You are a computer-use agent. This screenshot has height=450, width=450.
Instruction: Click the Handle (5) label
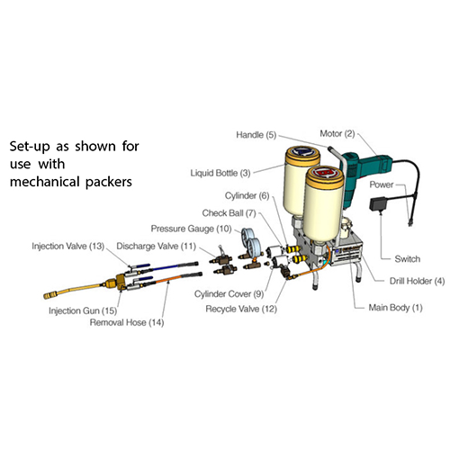click(256, 135)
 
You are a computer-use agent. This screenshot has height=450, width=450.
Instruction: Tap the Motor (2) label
click(337, 133)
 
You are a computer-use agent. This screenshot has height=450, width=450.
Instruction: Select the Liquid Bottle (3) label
click(220, 173)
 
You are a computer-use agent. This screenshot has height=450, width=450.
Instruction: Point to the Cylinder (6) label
click(247, 195)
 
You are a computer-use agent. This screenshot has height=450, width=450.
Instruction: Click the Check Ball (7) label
click(229, 213)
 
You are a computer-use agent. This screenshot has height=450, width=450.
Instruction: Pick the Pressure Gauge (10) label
click(191, 229)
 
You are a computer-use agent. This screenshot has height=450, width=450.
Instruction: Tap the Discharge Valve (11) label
click(156, 246)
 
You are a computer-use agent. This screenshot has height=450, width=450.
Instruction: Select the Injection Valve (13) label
click(67, 246)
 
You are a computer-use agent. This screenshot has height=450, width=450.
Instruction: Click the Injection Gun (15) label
click(83, 310)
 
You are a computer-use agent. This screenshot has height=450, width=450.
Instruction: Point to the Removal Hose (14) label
click(127, 322)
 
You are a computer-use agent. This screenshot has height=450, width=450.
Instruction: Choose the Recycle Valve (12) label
click(241, 309)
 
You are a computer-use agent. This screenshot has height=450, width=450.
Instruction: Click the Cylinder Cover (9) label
click(229, 293)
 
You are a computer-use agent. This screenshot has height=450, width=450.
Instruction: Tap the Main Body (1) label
click(395, 308)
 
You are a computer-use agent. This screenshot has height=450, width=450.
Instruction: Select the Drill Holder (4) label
click(417, 281)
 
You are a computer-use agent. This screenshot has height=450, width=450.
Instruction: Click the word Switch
click(407, 258)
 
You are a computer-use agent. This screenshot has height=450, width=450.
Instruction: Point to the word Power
click(381, 184)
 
